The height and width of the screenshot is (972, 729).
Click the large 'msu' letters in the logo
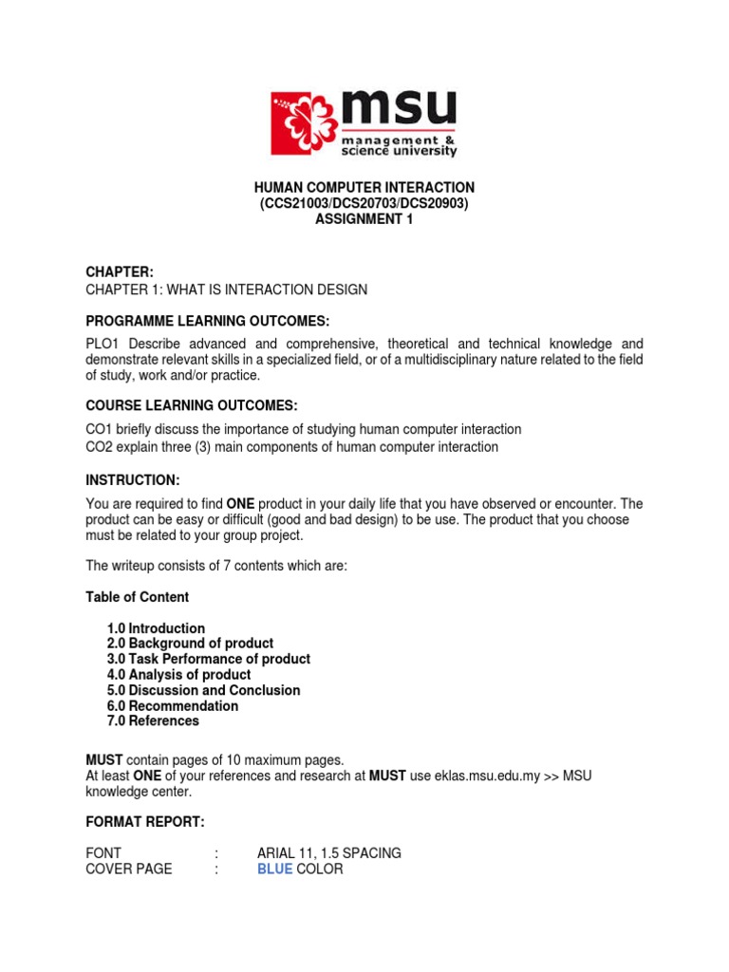[x=399, y=107]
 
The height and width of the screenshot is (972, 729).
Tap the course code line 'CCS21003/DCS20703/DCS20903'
[x=364, y=204]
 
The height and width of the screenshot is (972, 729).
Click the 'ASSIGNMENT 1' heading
[x=364, y=220]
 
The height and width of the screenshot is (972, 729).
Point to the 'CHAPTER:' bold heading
[x=120, y=272]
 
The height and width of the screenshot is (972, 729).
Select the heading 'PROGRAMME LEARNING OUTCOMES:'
[x=208, y=320]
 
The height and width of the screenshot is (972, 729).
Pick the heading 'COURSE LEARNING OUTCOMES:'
[x=192, y=405]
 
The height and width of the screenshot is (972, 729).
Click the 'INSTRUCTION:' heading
[x=132, y=479]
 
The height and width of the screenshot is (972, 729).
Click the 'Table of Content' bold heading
[x=137, y=597]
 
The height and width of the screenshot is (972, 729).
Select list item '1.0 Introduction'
[x=156, y=628]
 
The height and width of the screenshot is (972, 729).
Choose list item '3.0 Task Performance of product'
[x=209, y=659]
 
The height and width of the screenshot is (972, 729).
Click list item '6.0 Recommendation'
[x=173, y=705]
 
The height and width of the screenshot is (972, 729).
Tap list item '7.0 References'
[x=153, y=720]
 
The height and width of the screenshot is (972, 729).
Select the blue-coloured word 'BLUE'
[x=274, y=869]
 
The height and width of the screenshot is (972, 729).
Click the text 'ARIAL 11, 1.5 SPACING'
[x=328, y=852]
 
